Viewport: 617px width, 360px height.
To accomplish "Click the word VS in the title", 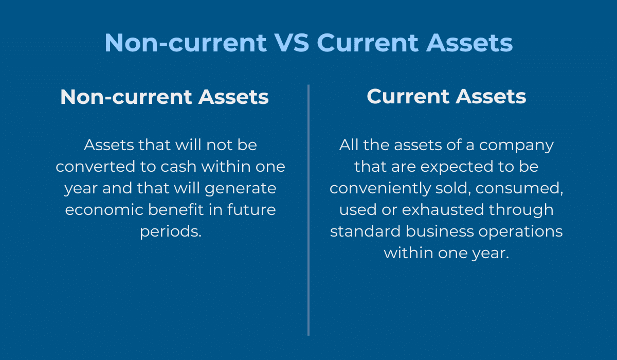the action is pyautogui.click(x=292, y=43).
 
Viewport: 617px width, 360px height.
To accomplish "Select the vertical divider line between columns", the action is pyautogui.click(x=308, y=210).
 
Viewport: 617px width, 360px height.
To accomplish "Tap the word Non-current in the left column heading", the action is pyautogui.click(x=126, y=97).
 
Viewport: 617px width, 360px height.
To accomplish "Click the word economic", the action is pyautogui.click(x=104, y=210).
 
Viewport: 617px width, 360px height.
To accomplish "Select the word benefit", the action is pyautogui.click(x=176, y=210).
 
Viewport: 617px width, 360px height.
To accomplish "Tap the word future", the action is pyautogui.click(x=251, y=210).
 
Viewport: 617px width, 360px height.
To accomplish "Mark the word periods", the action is pyautogui.click(x=171, y=232).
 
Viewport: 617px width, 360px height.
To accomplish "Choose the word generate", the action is pyautogui.click(x=241, y=189).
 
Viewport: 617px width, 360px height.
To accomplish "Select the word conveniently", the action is pyautogui.click(x=380, y=189).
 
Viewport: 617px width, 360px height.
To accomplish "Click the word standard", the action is pyautogui.click(x=365, y=231).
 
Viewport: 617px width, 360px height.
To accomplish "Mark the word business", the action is pyautogui.click(x=440, y=231).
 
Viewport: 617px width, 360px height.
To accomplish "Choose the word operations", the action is pyautogui.click(x=520, y=232).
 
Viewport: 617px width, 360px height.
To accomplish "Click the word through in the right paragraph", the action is pyautogui.click(x=521, y=210).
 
